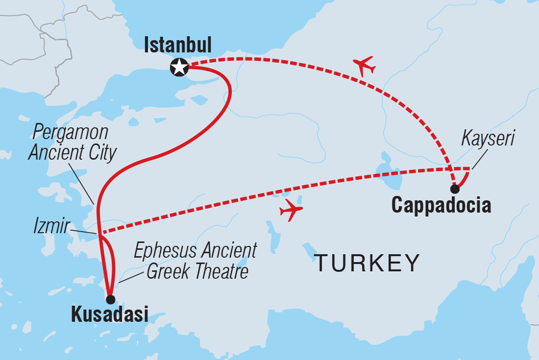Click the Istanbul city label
pyautogui.click(x=177, y=46)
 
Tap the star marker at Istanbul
pyautogui.click(x=179, y=68)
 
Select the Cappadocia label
pyautogui.click(x=441, y=205)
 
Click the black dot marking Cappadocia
pyautogui.click(x=455, y=189)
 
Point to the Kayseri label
pyautogui.click(x=488, y=139)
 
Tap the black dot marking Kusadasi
pyautogui.click(x=110, y=299)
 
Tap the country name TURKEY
pyautogui.click(x=367, y=264)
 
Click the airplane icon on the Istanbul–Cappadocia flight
pyautogui.click(x=364, y=65)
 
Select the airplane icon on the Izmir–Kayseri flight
pyautogui.click(x=291, y=210)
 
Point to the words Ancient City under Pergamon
pyautogui.click(x=73, y=153)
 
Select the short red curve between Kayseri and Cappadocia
pyautogui.click(x=465, y=179)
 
